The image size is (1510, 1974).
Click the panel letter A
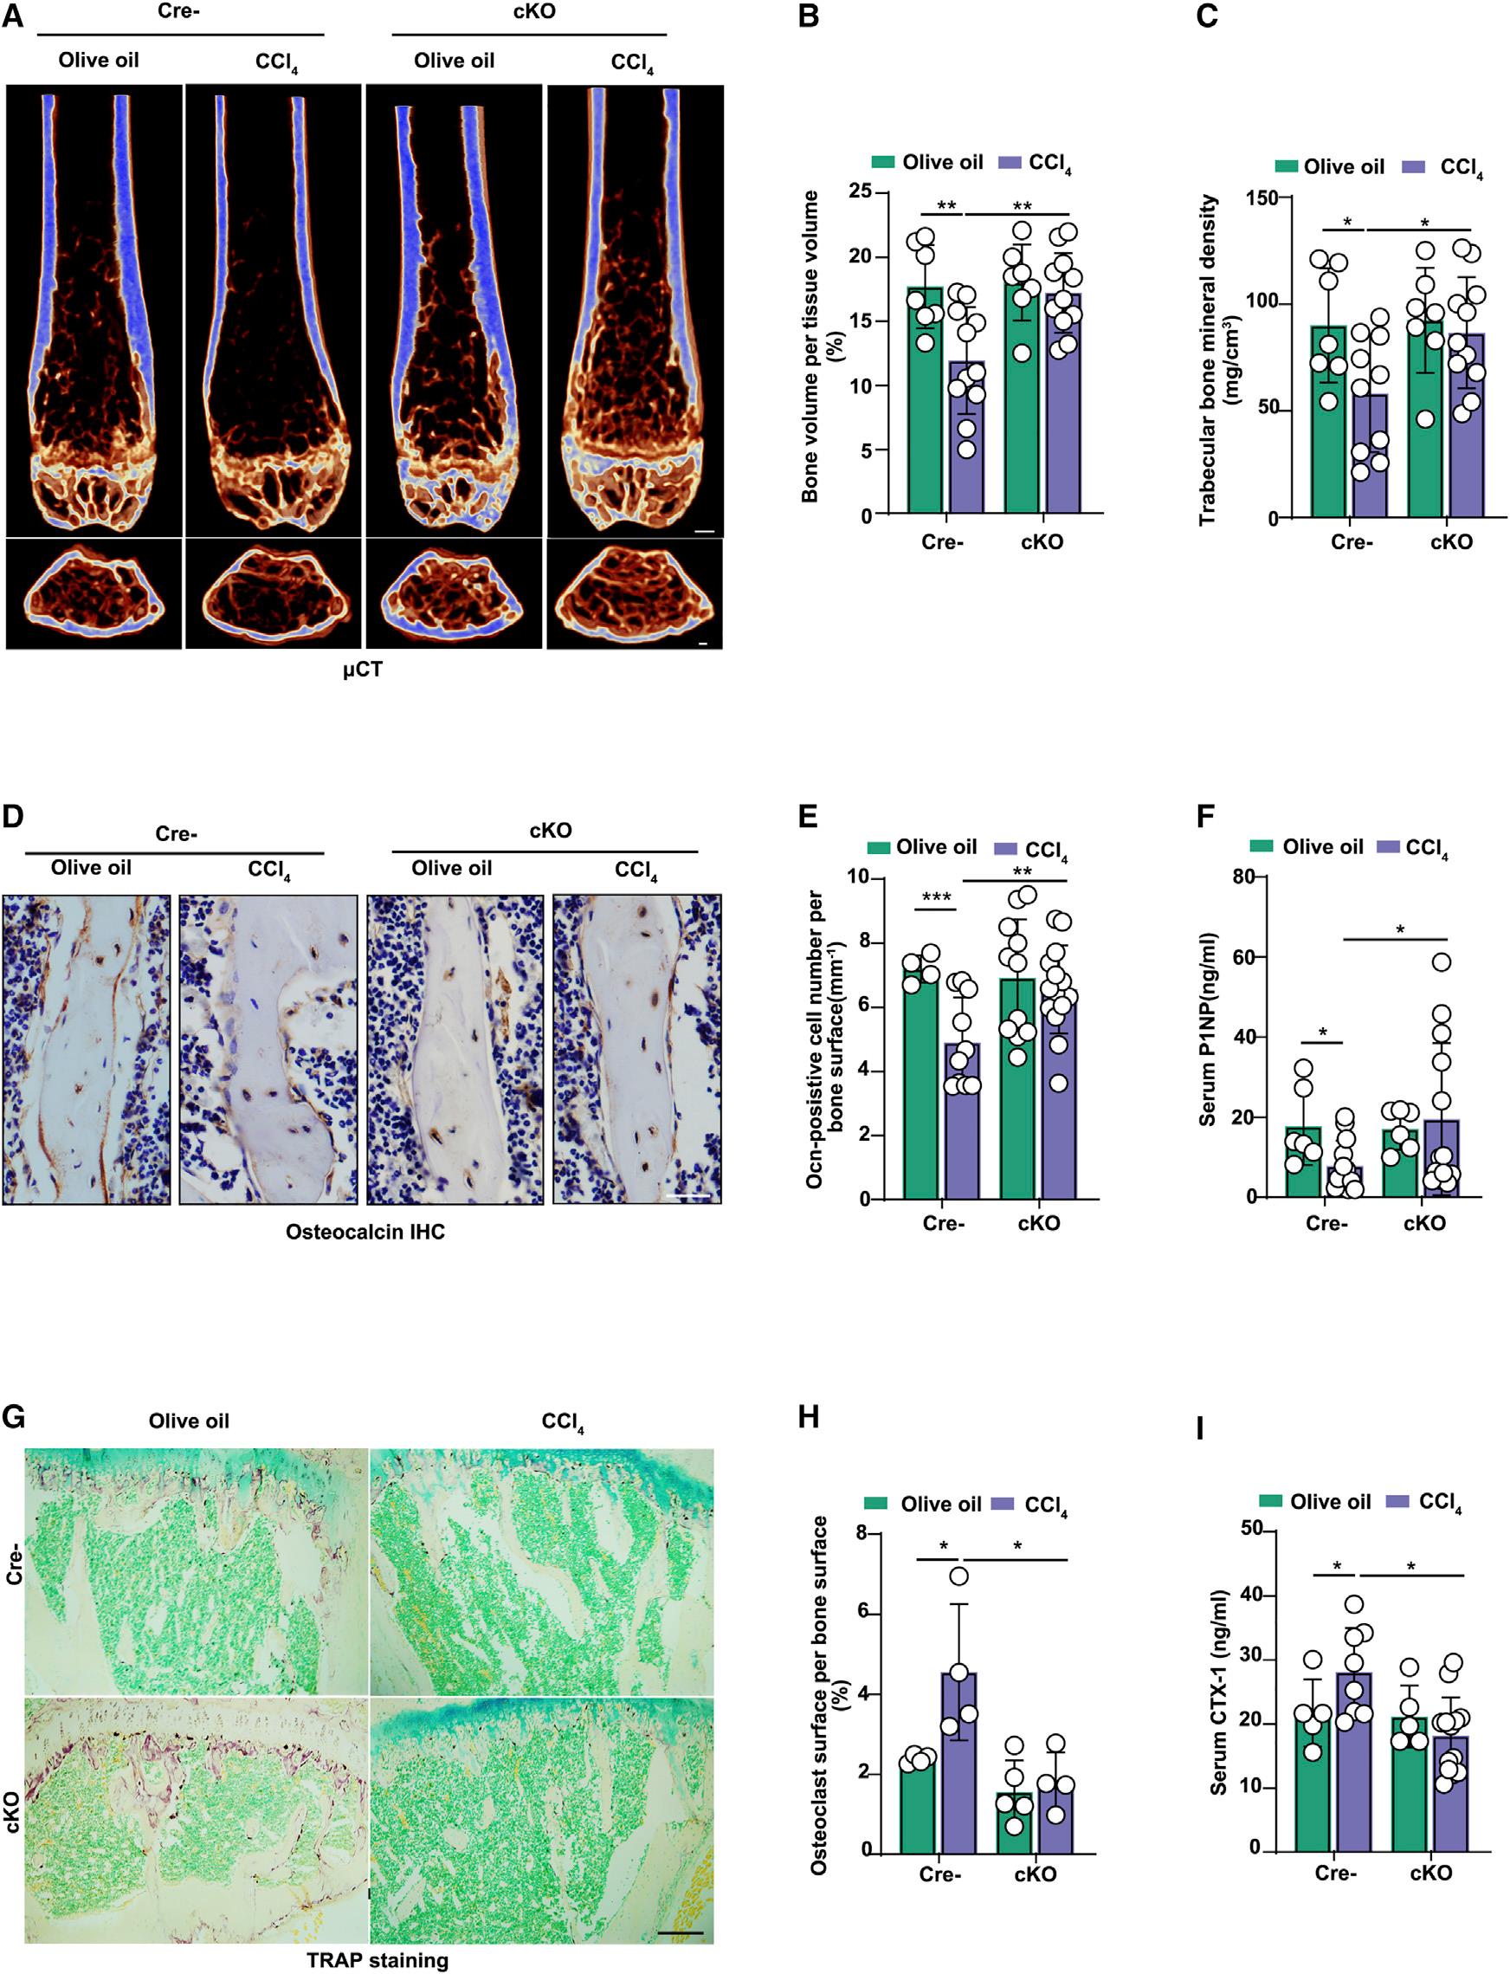pos(14,16)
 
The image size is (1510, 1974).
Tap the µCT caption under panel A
pos(361,670)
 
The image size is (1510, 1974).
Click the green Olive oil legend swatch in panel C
pos(1287,166)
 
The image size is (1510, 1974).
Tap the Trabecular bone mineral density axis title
pos(1216,359)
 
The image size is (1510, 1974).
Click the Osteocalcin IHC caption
pos(365,1232)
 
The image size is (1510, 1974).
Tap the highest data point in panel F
pos(1442,962)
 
